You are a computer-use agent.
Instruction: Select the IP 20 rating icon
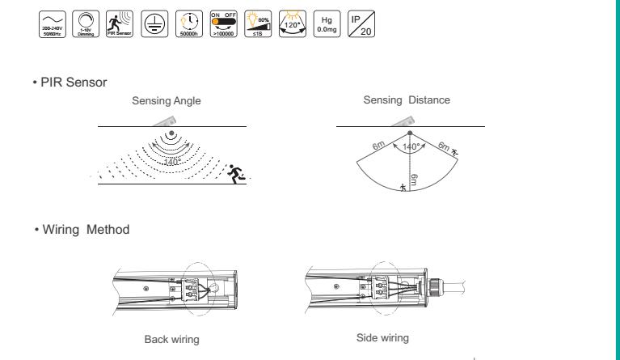pos(361,24)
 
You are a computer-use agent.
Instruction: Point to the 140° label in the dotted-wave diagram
pos(173,163)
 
